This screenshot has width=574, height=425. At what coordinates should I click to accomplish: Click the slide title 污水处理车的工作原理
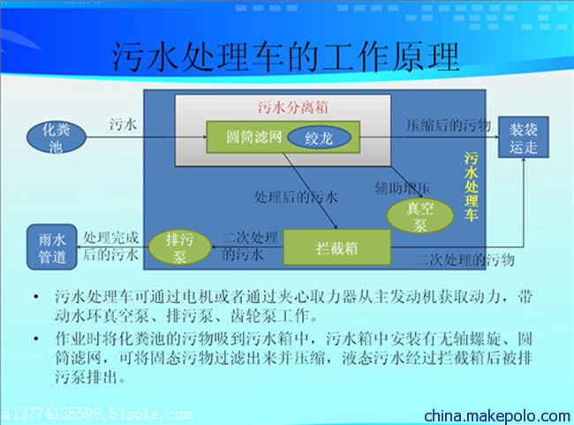point(285,57)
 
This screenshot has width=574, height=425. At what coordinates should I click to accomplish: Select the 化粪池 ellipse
point(56,137)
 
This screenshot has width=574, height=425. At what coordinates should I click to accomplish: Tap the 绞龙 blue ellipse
point(319,138)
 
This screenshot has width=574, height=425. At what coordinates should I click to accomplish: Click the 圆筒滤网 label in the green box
point(253,137)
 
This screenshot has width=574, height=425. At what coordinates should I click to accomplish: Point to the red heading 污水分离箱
point(293,107)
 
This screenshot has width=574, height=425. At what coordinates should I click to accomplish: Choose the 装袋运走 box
point(524,137)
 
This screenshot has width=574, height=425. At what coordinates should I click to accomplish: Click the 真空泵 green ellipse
point(420,216)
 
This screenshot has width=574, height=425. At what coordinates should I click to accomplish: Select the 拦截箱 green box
point(336,247)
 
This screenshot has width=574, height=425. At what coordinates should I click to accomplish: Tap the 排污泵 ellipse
point(179,247)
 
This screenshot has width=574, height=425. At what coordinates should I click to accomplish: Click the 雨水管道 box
point(52,247)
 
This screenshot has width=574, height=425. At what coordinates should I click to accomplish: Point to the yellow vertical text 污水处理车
point(472,186)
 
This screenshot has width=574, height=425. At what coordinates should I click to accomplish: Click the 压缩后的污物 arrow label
point(449,125)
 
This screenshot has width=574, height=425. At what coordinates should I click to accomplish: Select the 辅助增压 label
point(403,188)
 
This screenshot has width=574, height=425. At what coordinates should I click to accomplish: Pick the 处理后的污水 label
point(296,197)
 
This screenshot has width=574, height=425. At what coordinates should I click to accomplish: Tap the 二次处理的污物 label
point(465,260)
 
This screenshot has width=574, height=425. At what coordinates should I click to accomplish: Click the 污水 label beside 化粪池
point(123,125)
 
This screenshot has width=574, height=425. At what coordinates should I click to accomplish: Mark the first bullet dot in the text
point(36,296)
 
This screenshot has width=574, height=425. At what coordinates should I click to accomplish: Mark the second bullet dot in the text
point(36,338)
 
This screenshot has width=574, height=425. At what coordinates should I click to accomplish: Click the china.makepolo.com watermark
point(497,416)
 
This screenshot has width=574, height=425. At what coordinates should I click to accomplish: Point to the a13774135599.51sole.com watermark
point(98,414)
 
